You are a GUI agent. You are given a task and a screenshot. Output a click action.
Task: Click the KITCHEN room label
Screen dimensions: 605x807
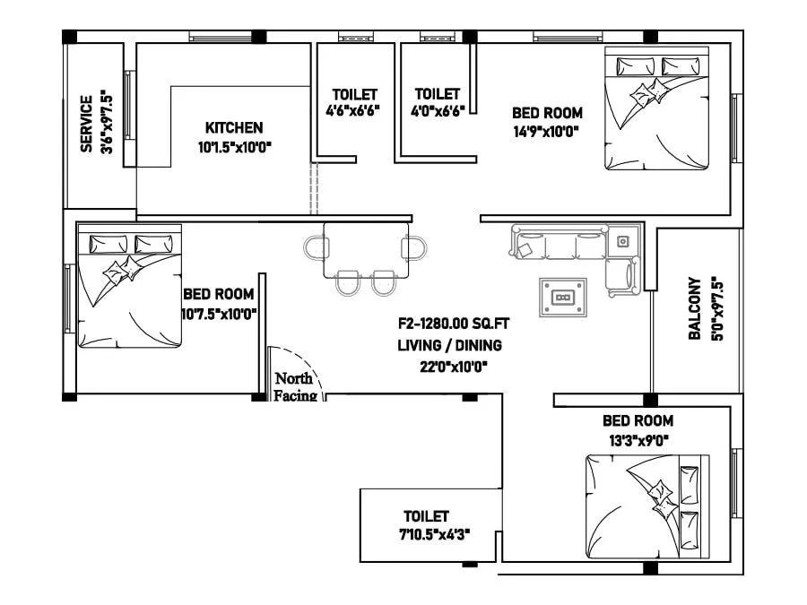pyautogui.click(x=234, y=127)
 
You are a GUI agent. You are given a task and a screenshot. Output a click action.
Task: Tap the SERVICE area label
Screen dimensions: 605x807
pyautogui.click(x=87, y=125)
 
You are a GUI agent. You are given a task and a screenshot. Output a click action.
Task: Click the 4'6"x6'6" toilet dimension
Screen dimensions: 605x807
pyautogui.click(x=354, y=112)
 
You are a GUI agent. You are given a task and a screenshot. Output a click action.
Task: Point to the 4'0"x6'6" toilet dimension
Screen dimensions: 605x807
pyautogui.click(x=437, y=112)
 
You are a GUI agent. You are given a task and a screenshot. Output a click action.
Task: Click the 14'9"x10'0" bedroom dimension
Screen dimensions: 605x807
pyautogui.click(x=547, y=131)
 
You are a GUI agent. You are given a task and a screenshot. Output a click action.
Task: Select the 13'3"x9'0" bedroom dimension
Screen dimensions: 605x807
pyautogui.click(x=637, y=439)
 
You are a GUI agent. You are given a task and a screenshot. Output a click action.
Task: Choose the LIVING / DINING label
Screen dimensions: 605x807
pyautogui.click(x=449, y=345)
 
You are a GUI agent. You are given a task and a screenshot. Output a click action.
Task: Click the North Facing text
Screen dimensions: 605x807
pyautogui.click(x=293, y=386)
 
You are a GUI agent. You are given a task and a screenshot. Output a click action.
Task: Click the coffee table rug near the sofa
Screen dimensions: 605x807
pyautogui.click(x=563, y=298)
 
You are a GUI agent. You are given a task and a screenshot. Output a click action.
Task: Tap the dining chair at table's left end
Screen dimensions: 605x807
pyautogui.click(x=314, y=247)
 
